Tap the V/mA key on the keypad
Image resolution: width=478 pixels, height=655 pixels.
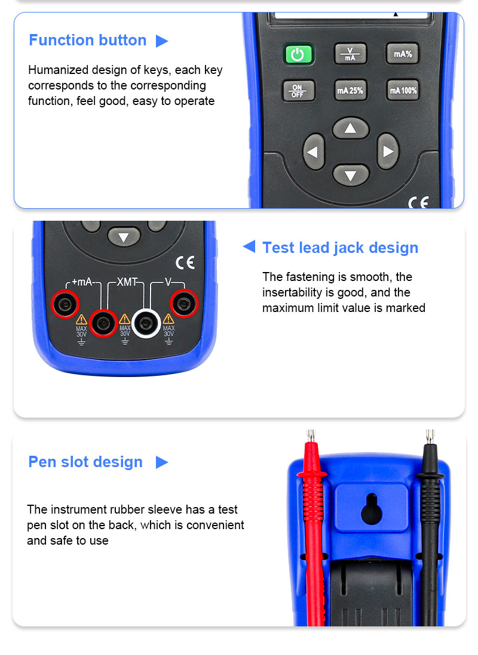(x=350, y=54)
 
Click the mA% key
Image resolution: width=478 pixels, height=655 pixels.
(x=402, y=54)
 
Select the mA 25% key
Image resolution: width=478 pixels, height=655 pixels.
(x=350, y=90)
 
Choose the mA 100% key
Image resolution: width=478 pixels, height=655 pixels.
(x=403, y=90)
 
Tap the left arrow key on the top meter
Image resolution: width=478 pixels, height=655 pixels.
(x=314, y=152)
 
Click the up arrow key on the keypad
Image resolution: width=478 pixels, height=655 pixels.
(x=350, y=128)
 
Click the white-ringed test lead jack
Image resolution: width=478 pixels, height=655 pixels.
(x=146, y=323)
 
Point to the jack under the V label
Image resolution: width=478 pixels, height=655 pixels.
(x=184, y=304)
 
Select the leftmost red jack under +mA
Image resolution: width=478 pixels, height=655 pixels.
(x=65, y=304)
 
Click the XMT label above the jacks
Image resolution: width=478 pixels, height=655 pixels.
(x=127, y=282)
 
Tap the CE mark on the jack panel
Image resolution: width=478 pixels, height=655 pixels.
(x=185, y=262)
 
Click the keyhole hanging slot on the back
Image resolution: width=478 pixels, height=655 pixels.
(x=371, y=509)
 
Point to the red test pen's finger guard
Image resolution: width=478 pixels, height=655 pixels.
(x=312, y=474)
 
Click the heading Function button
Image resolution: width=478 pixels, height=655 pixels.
(x=87, y=40)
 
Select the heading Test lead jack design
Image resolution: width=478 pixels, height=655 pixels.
(x=341, y=248)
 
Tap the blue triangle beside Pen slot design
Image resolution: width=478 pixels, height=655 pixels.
(x=161, y=462)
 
